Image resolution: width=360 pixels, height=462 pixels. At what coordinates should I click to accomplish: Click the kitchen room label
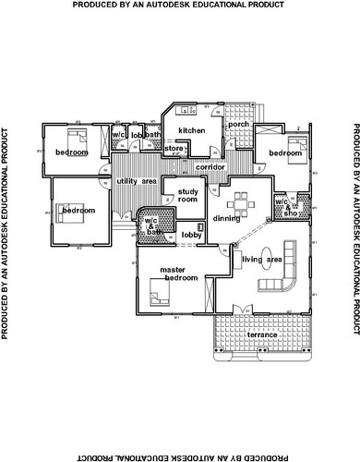click(191, 130)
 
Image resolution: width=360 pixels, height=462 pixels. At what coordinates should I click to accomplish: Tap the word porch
click(238, 124)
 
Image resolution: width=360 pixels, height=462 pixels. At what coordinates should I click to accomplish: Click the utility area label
click(136, 181)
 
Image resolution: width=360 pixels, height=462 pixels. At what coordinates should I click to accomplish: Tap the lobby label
click(191, 235)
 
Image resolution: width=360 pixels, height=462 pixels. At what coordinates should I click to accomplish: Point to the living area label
click(261, 261)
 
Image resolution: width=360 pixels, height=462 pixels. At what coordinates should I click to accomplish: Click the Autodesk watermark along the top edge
click(179, 6)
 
